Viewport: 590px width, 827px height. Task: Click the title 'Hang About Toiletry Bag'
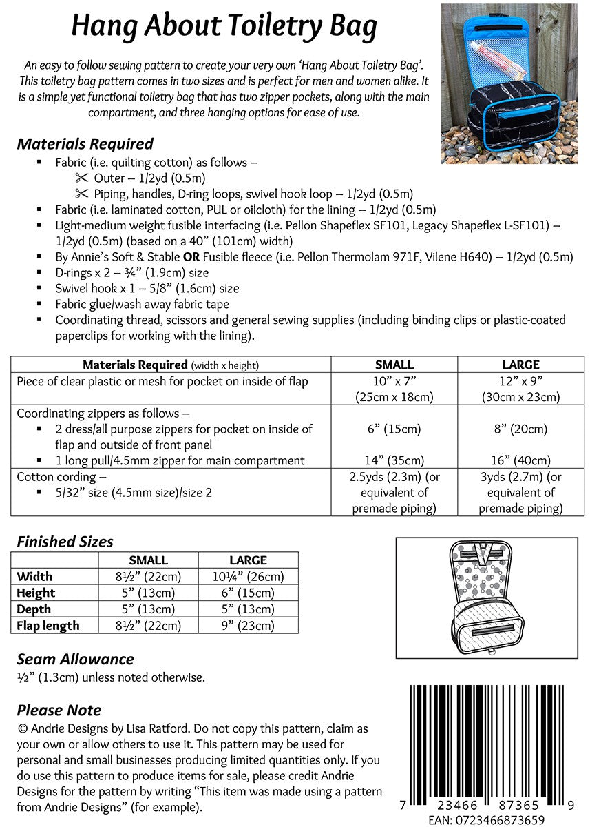(224, 27)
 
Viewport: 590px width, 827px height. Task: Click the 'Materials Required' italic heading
(85, 144)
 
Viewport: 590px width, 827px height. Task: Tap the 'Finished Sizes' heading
(65, 542)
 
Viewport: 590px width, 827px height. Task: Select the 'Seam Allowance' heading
(75, 660)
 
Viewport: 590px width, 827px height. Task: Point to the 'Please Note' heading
(59, 711)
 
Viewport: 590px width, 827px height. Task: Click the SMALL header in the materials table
(394, 365)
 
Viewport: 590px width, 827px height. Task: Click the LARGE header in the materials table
(520, 365)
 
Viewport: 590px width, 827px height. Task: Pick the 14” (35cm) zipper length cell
(394, 460)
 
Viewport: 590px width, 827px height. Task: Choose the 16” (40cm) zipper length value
(520, 460)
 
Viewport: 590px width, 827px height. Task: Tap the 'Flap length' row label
(48, 626)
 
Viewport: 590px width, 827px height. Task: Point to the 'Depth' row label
(34, 609)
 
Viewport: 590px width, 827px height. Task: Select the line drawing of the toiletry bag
(487, 598)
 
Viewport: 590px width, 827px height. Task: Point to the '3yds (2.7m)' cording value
(520, 477)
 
